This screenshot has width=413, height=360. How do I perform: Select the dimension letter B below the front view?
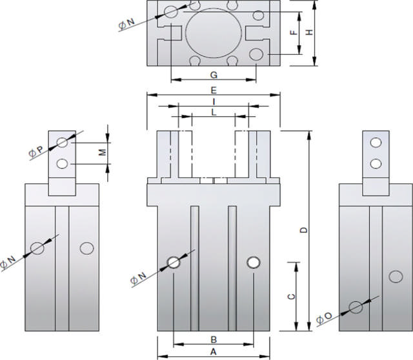pyautogui.click(x=214, y=339)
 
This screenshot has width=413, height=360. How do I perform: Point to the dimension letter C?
pyautogui.click(x=291, y=296)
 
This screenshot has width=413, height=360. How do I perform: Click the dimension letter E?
pyautogui.click(x=213, y=90)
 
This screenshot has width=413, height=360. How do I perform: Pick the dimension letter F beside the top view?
pyautogui.click(x=293, y=32)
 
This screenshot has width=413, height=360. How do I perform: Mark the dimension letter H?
pyautogui.click(x=309, y=32)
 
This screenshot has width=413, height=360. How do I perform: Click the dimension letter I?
pyautogui.click(x=213, y=102)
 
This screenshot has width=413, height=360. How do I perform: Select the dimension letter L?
pyautogui.click(x=214, y=112)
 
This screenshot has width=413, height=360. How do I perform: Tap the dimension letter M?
pyautogui.click(x=101, y=153)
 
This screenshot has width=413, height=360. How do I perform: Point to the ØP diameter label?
pyautogui.click(x=36, y=151)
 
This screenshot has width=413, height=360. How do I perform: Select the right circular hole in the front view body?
pyautogui.click(x=254, y=261)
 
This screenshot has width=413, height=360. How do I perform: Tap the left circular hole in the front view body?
pyautogui.click(x=174, y=261)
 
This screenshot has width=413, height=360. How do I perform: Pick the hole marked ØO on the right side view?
pyautogui.click(x=355, y=307)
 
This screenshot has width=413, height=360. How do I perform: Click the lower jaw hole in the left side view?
pyautogui.click(x=63, y=164)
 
